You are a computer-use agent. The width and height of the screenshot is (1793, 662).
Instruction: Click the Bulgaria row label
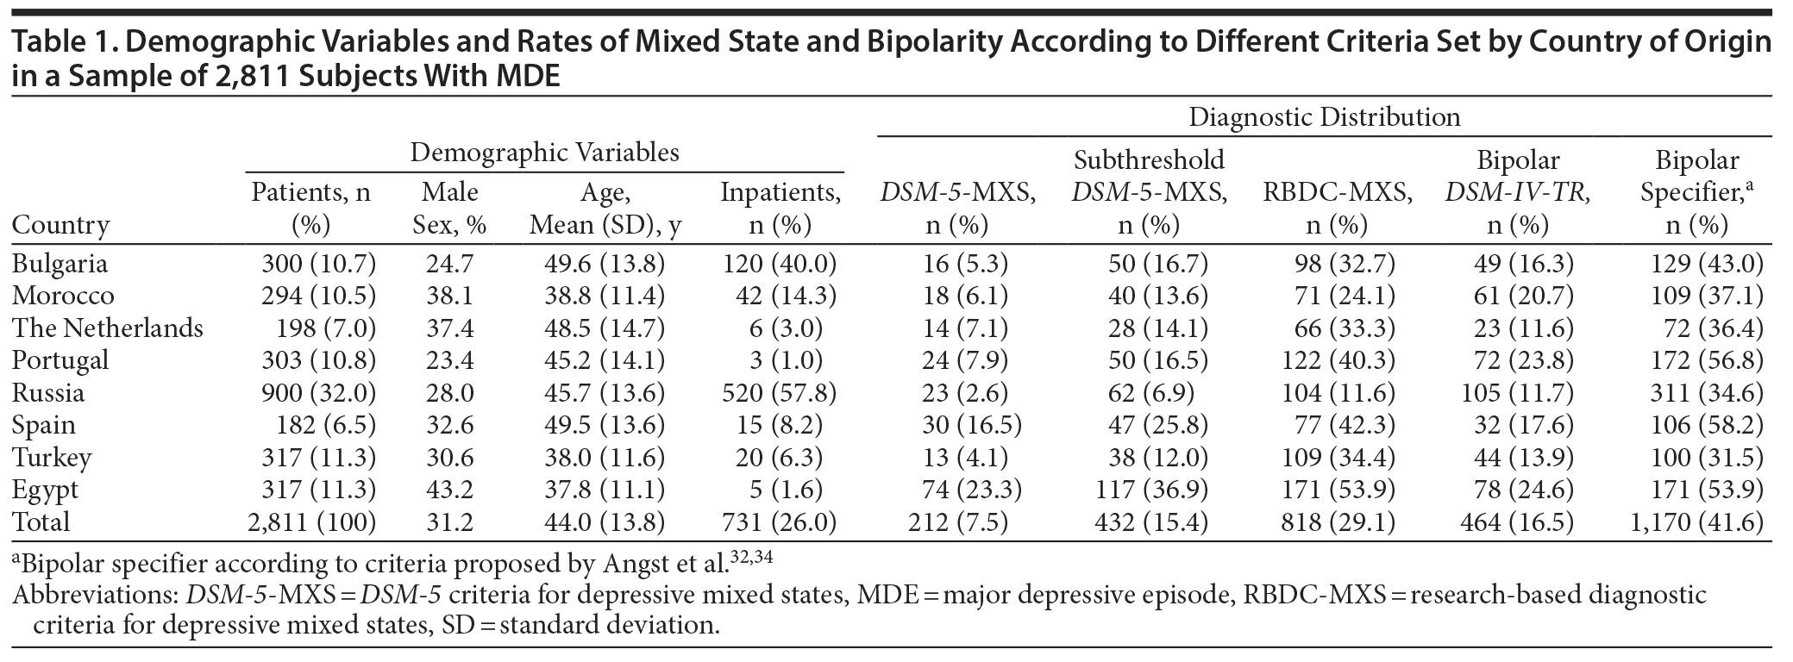click(60, 263)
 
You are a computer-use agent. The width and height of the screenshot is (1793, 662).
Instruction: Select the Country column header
click(60, 225)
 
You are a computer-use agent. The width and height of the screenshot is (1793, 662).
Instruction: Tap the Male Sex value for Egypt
click(449, 490)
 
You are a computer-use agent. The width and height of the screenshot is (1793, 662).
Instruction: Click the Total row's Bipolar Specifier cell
click(1694, 521)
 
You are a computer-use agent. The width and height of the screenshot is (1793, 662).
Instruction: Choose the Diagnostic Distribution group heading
click(1324, 117)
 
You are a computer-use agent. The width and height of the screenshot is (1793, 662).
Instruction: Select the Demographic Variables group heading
click(544, 153)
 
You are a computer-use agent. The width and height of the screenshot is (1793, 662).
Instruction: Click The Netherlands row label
click(108, 328)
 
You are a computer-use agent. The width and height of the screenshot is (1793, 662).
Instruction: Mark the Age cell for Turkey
click(597, 457)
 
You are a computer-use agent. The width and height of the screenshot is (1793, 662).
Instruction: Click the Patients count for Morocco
click(318, 296)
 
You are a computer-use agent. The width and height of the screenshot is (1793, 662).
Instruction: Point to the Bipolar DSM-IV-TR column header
click(1517, 193)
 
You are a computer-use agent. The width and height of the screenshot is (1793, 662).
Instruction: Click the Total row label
click(41, 521)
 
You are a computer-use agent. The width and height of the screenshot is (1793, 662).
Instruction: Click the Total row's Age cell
click(597, 521)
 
